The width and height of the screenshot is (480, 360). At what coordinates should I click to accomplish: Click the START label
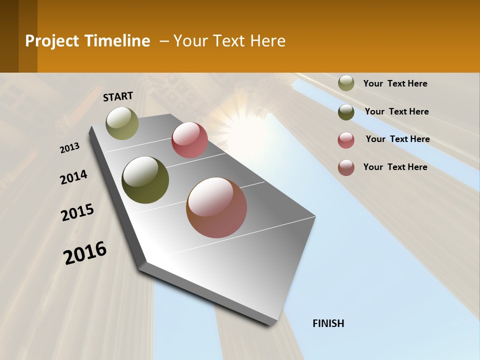118,96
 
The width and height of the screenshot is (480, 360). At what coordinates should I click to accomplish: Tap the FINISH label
328,323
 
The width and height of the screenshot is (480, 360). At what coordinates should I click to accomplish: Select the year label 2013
70,148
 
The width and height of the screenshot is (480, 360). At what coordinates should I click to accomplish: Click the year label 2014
73,177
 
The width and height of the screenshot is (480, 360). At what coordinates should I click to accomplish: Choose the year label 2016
85,253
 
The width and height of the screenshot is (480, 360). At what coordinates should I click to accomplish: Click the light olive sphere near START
122,123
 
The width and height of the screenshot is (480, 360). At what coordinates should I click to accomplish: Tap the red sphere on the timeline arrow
189,140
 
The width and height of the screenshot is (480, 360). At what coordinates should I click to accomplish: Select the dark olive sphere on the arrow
145,180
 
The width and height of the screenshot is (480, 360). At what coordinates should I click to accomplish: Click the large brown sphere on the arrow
216,207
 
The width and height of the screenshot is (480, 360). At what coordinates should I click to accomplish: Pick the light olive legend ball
346,83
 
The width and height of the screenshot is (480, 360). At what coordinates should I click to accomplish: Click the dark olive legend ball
346,112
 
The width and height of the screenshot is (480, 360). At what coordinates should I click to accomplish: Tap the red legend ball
346,140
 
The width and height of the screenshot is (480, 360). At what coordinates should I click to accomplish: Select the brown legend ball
346,167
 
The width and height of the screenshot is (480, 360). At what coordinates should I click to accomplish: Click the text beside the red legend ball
397,139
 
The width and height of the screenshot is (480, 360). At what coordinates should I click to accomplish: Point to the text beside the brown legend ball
395,167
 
